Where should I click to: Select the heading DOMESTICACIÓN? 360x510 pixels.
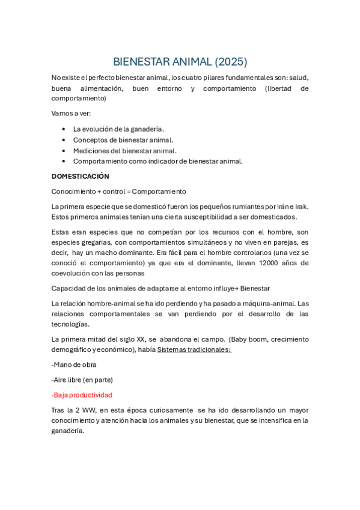[x=81, y=176]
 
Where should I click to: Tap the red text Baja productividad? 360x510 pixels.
[x=82, y=395]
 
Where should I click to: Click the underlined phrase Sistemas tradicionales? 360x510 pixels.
[x=194, y=349]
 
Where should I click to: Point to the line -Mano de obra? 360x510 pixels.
[x=74, y=364]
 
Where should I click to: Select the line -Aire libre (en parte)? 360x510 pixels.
[x=82, y=379]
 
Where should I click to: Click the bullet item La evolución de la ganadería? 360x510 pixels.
[x=118, y=129]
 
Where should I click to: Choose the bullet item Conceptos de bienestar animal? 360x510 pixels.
[x=123, y=140]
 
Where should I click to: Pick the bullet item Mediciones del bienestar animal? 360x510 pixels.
[x=124, y=150]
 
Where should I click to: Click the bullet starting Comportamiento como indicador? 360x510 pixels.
[x=157, y=161]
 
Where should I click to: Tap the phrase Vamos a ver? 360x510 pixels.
[x=71, y=113]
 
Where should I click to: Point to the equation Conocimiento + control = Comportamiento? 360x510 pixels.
[x=119, y=191]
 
